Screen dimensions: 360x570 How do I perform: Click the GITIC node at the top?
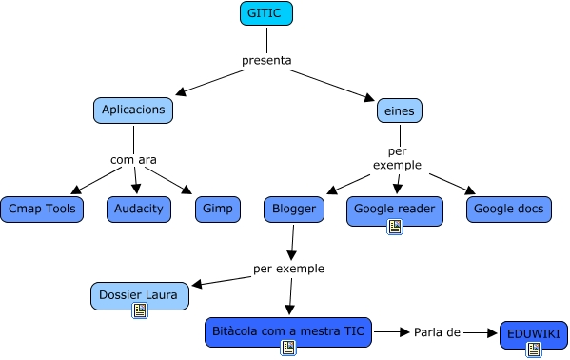[x=266, y=13]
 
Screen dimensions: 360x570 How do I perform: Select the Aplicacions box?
[x=134, y=110]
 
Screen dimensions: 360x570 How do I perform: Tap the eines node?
[x=399, y=110]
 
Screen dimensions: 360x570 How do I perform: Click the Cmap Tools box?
[x=42, y=209]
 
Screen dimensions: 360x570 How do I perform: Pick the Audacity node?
[x=138, y=209]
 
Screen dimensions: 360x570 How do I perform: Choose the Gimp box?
[x=211, y=209]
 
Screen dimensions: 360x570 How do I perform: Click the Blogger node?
[x=294, y=209]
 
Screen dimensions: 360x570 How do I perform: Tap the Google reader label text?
[x=394, y=207]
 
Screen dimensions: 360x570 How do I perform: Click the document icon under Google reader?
[x=394, y=226]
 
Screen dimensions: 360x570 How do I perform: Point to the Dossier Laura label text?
[x=139, y=293]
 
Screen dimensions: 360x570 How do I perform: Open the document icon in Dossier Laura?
[x=139, y=310]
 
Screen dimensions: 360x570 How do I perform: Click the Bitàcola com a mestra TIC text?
[x=287, y=330]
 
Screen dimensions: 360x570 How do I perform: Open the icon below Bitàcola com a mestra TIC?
[x=287, y=348]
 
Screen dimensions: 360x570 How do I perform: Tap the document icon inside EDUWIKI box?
[x=533, y=350]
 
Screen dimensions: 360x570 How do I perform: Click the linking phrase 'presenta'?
[x=265, y=61]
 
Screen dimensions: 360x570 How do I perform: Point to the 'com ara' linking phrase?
[x=133, y=159]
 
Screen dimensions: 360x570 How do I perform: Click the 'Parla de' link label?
[x=437, y=332]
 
